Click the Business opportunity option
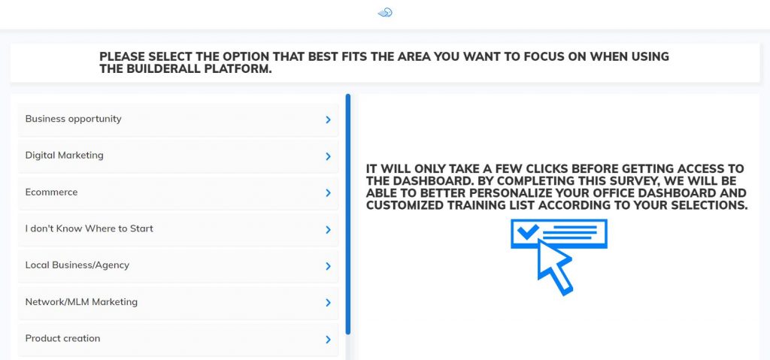click(177, 119)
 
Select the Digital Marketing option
click(177, 156)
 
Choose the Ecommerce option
click(177, 192)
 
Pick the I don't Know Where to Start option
click(177, 229)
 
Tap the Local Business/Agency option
click(177, 266)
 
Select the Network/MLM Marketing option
click(177, 302)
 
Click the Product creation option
click(177, 339)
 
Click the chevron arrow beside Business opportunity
click(328, 119)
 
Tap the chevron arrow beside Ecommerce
click(328, 193)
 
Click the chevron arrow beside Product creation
click(328, 340)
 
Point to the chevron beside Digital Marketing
click(328, 156)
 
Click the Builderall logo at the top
click(385, 12)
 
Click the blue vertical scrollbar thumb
click(347, 214)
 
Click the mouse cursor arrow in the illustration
click(554, 266)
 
